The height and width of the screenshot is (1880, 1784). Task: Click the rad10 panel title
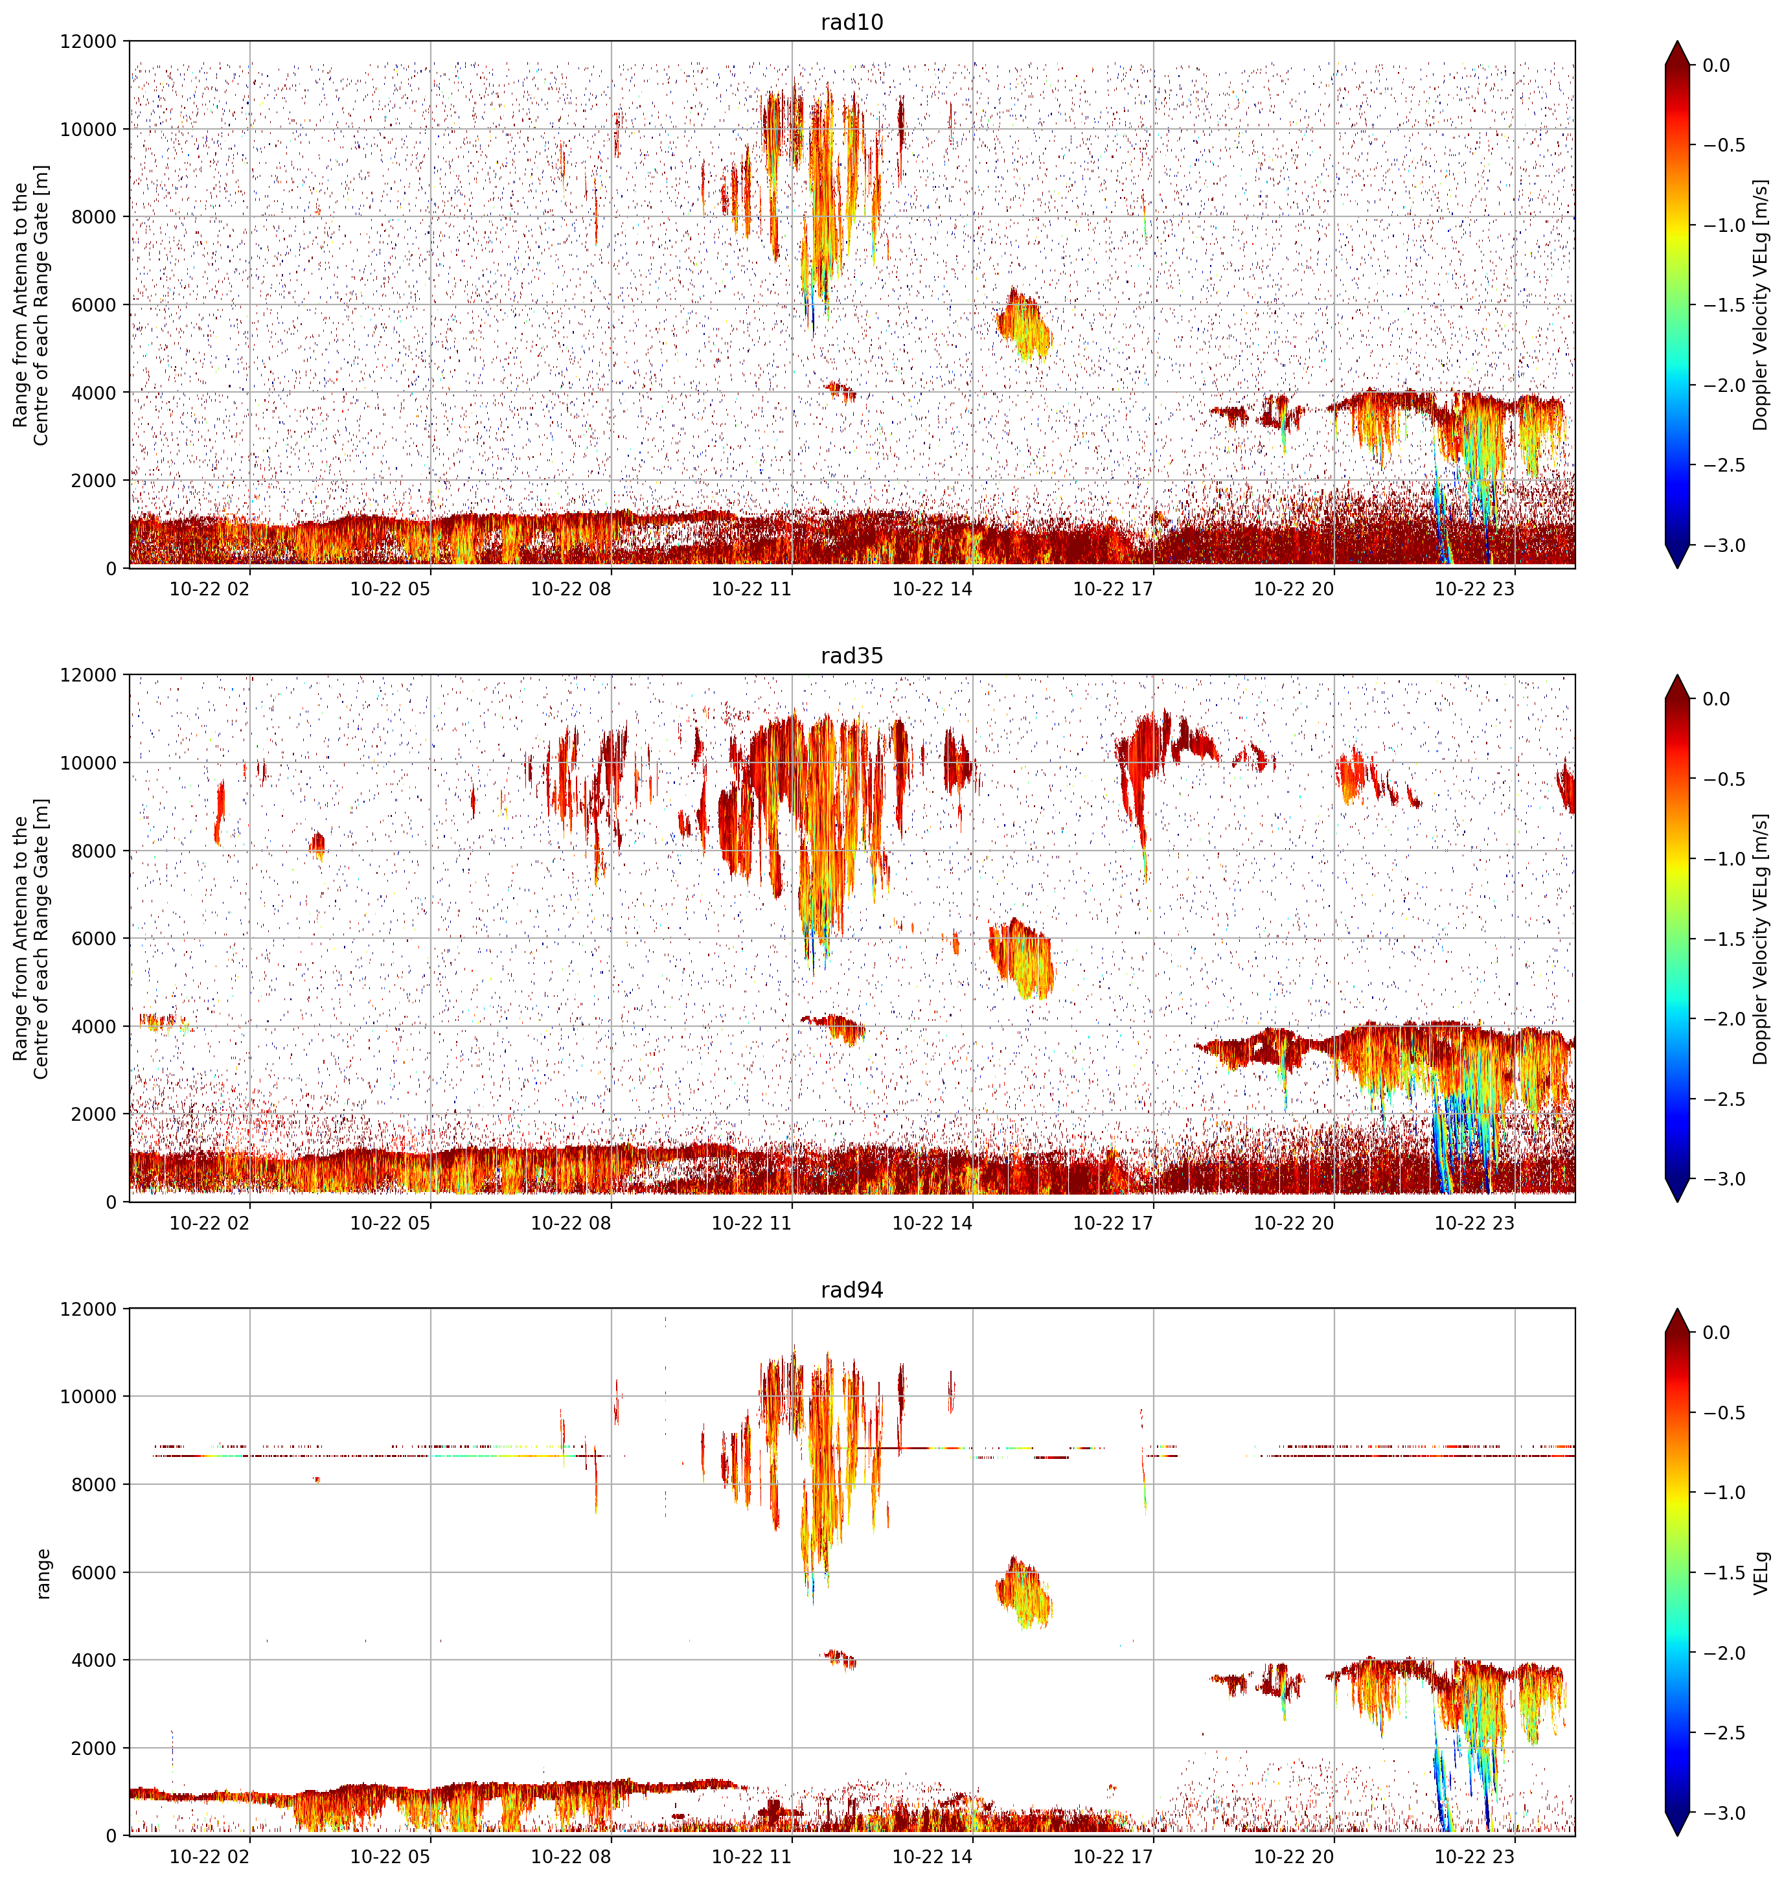tap(851, 22)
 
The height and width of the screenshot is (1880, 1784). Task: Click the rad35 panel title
tap(851, 655)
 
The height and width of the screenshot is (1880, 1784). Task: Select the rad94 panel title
tap(851, 1289)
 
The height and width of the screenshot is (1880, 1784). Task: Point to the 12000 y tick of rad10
tap(89, 42)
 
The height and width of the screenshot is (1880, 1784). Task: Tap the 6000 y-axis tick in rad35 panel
tap(95, 939)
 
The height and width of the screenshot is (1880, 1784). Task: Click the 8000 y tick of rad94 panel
tap(95, 1484)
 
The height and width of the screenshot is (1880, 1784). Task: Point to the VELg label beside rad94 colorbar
tap(1761, 1573)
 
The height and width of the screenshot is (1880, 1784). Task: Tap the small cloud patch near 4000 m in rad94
tap(841, 1658)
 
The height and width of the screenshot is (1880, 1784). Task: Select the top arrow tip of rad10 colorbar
tap(1678, 41)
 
